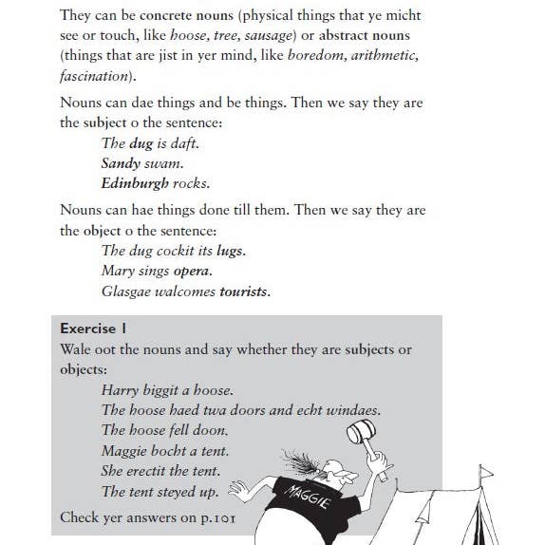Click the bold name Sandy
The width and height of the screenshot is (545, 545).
tap(121, 163)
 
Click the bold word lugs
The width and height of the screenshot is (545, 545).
tap(230, 251)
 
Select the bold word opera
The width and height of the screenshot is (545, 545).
tap(192, 271)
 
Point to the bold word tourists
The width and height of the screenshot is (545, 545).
tap(244, 291)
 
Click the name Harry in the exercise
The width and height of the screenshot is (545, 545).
tap(120, 389)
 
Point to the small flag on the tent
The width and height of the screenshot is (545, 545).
tap(486, 472)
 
